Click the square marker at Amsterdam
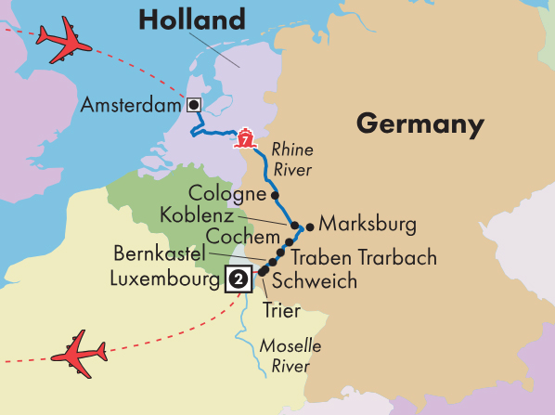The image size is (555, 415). (x=194, y=104)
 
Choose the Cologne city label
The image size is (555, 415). (x=226, y=193)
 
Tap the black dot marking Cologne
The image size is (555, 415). (x=275, y=195)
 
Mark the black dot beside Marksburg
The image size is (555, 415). (x=309, y=225)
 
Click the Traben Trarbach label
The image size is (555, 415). (x=363, y=258)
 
